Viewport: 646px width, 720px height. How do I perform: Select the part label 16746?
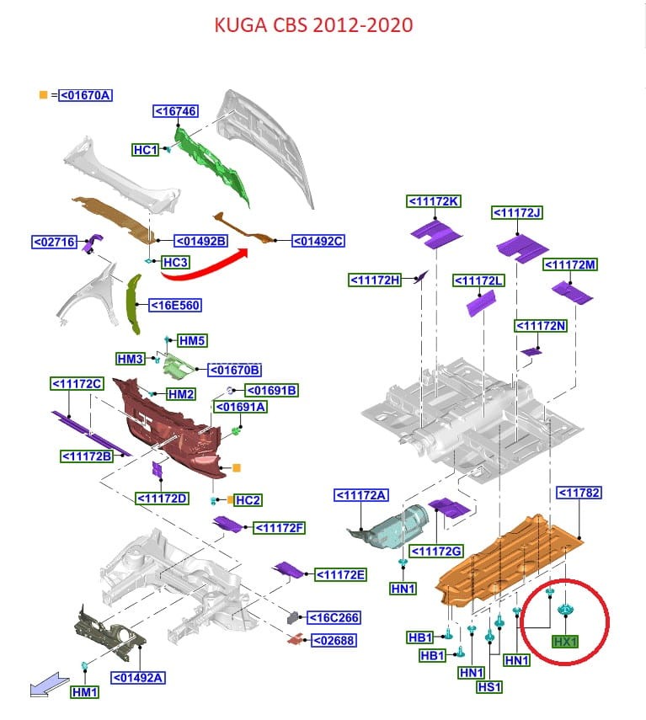point(175,111)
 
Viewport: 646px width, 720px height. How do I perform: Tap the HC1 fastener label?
point(146,150)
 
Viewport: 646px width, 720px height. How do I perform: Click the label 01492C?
point(318,242)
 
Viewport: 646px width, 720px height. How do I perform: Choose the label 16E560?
point(175,305)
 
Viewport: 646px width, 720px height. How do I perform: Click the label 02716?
point(55,243)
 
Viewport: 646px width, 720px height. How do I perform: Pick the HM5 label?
point(192,341)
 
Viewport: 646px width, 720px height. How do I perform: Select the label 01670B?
point(235,369)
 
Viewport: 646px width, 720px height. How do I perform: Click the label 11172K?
point(434,201)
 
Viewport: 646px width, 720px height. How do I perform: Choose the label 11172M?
point(570,264)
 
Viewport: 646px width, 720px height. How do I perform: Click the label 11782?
point(579,493)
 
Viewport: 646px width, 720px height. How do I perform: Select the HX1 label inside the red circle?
point(565,642)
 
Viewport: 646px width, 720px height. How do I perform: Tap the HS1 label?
point(489,687)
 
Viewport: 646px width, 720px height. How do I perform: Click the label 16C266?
point(334,618)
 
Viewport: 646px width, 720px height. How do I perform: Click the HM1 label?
point(85,693)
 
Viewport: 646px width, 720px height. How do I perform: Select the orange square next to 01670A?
point(43,94)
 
